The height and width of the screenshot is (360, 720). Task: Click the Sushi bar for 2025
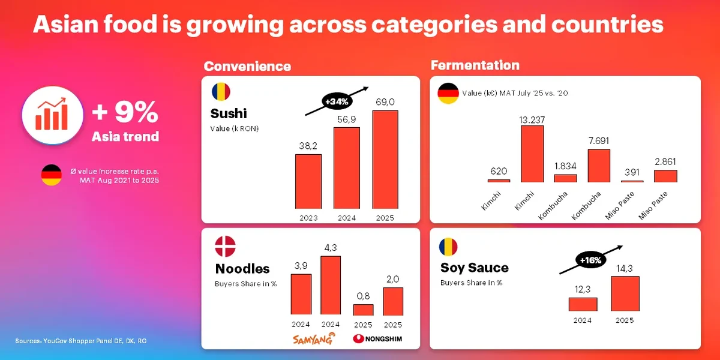click(x=385, y=159)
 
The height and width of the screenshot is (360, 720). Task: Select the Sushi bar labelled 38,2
click(x=308, y=181)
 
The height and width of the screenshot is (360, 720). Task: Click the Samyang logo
click(x=314, y=339)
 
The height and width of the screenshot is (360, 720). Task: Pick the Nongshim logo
click(x=377, y=339)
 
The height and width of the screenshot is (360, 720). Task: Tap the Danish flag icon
click(x=226, y=247)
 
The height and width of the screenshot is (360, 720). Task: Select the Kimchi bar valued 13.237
click(x=532, y=154)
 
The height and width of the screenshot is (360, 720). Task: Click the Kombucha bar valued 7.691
click(x=599, y=166)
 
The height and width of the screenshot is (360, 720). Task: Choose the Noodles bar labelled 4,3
click(x=331, y=285)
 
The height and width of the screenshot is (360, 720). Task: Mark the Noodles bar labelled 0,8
click(x=363, y=310)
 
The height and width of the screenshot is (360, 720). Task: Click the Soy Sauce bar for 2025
click(x=625, y=293)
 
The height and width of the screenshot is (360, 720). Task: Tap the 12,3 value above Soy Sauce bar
click(x=583, y=289)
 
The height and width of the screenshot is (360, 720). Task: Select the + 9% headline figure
click(x=125, y=112)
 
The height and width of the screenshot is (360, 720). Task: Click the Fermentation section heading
click(x=475, y=65)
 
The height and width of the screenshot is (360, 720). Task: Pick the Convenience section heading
click(x=247, y=66)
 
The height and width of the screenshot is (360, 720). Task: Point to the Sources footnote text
click(x=81, y=341)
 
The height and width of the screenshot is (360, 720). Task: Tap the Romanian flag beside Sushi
click(x=221, y=92)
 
